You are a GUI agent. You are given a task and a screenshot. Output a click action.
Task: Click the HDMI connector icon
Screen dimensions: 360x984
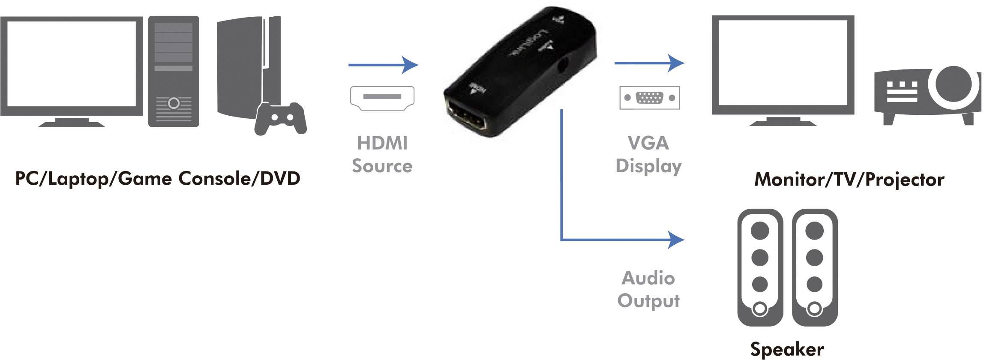click(x=382, y=98)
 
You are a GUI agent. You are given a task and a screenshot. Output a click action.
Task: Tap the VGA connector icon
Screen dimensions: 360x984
click(x=649, y=98)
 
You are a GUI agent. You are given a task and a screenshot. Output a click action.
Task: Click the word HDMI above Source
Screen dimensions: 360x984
click(x=382, y=143)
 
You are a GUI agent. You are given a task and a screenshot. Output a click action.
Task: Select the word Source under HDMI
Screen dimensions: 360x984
click(x=382, y=166)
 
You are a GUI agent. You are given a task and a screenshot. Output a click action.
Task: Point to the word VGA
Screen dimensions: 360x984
click(x=648, y=143)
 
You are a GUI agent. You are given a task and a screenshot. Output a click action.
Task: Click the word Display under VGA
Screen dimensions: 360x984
click(x=648, y=166)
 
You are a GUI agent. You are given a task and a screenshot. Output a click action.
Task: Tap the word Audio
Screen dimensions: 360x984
click(x=648, y=278)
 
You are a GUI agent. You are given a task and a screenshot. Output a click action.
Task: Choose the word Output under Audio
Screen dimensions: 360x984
click(x=648, y=301)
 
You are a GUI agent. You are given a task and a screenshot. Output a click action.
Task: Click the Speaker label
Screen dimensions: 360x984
click(x=787, y=349)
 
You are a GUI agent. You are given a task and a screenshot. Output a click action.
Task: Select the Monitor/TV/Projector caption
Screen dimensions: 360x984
click(x=849, y=180)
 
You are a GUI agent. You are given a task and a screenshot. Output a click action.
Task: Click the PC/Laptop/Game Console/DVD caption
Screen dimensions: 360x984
click(x=158, y=179)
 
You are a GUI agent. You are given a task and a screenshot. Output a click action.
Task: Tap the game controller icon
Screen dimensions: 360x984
click(x=281, y=118)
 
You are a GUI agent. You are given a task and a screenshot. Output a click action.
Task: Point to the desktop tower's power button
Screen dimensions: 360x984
click(x=174, y=103)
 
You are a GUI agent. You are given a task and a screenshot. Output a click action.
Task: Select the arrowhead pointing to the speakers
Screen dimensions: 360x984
click(x=676, y=240)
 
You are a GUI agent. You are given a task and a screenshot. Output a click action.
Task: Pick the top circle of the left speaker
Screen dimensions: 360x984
click(x=760, y=231)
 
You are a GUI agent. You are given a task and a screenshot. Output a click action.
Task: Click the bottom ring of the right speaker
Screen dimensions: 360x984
click(x=814, y=309)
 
